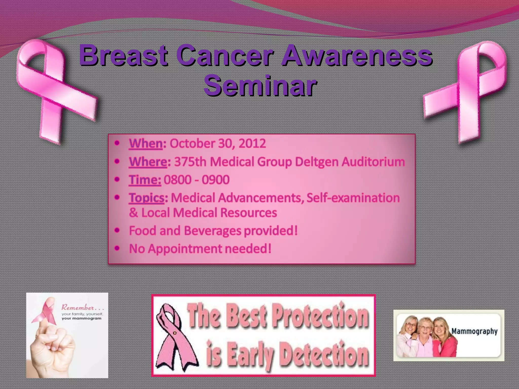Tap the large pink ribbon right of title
(x=469, y=91)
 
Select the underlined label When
(x=146, y=144)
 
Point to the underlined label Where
(x=148, y=162)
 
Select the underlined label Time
(x=145, y=180)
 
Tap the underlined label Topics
(x=147, y=198)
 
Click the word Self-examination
(x=353, y=198)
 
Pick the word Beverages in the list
(x=212, y=231)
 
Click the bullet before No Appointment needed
(x=117, y=248)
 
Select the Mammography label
(x=474, y=331)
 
